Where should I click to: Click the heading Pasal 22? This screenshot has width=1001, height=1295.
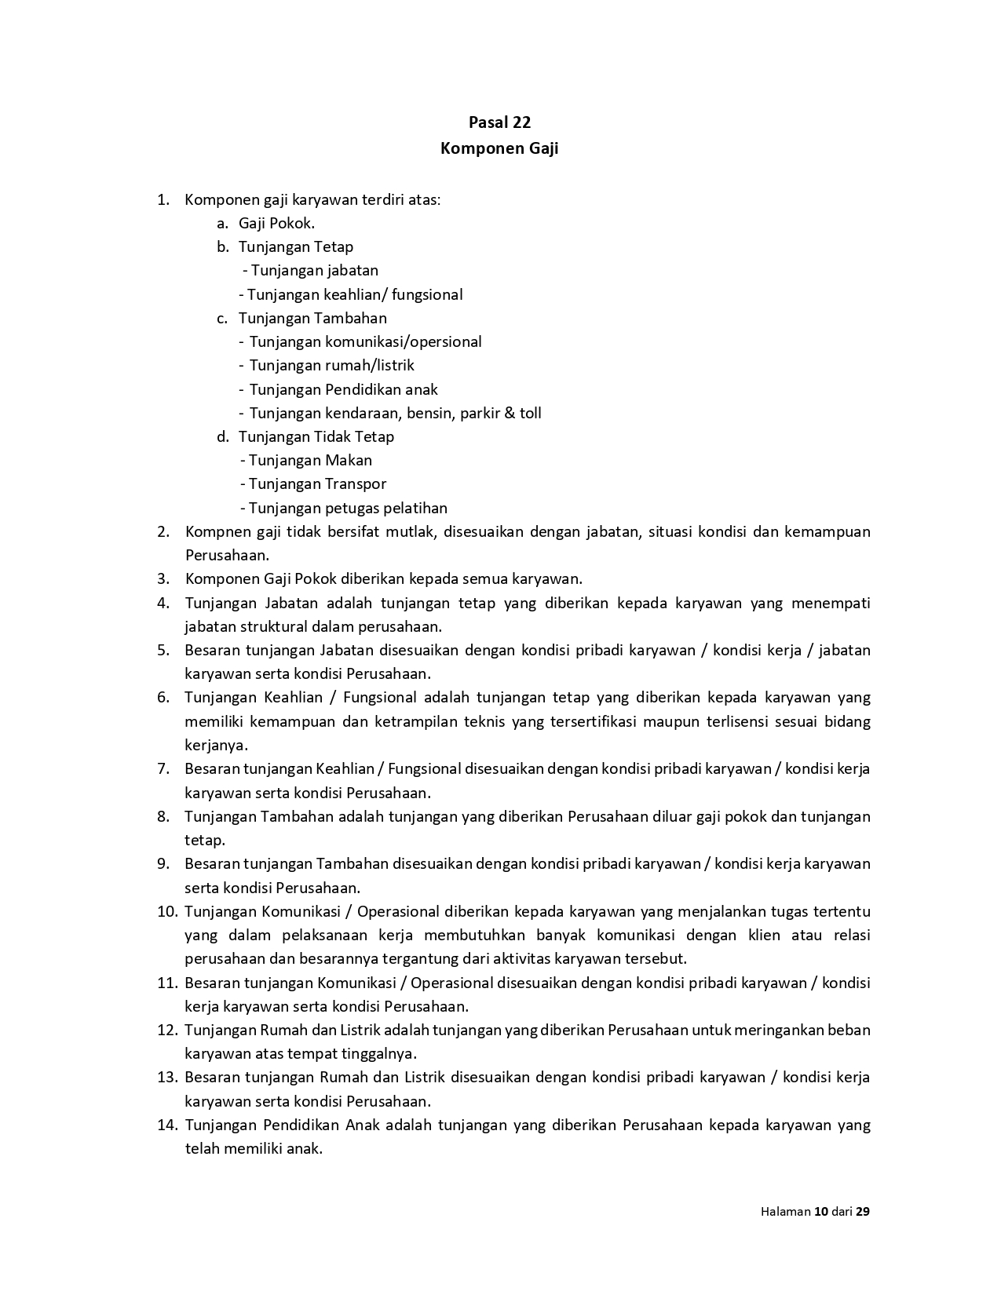[x=499, y=122]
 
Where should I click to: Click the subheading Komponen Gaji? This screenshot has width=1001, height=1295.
[x=499, y=148]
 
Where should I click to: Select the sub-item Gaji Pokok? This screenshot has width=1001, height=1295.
[x=276, y=223]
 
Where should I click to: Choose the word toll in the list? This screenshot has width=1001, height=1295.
[x=530, y=413]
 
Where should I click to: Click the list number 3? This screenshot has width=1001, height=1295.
[x=163, y=579]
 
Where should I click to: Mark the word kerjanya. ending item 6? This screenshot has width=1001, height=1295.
[x=216, y=745]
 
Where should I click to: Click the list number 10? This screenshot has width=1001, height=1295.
[x=167, y=911]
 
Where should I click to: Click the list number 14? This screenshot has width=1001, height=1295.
[x=167, y=1125]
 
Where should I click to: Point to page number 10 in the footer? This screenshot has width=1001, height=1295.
[x=820, y=1211]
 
